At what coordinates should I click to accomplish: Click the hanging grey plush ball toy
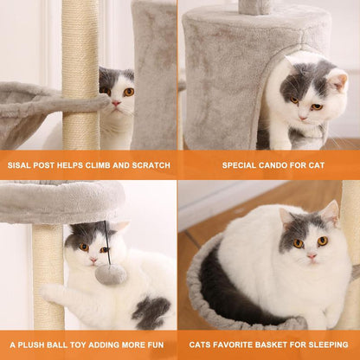tap(111, 275)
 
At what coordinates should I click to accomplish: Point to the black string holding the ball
tap(107, 243)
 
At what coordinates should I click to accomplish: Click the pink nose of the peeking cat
tap(116, 103)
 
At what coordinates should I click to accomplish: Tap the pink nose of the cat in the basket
tap(312, 256)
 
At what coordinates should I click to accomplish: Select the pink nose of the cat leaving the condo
tap(303, 118)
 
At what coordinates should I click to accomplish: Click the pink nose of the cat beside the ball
tap(93, 260)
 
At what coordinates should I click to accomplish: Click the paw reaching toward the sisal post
tap(49, 292)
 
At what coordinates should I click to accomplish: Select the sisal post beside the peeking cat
tap(80, 75)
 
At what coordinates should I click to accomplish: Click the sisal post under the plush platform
tap(48, 277)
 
